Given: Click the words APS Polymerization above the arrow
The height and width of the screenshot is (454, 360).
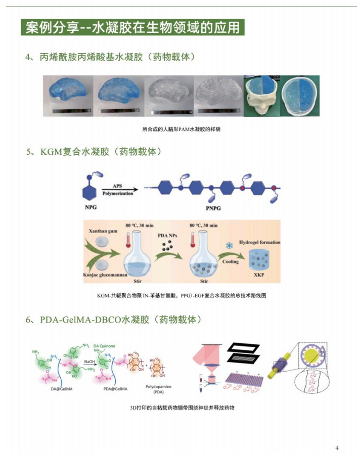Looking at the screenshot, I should point(118,190).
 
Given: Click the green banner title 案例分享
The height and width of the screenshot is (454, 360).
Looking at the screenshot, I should point(132,27).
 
